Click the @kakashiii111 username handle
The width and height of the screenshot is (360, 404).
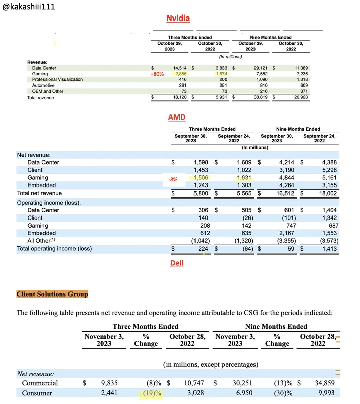click(29, 6)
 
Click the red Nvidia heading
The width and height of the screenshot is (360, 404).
click(178, 18)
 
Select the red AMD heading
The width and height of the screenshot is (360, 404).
click(177, 117)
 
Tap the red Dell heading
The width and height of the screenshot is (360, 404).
click(177, 263)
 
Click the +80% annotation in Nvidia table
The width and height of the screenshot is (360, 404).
click(157, 74)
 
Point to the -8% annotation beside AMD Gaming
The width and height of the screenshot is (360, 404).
click(173, 180)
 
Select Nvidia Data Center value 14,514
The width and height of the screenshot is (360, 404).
click(180, 68)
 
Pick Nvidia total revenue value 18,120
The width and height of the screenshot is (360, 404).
click(180, 97)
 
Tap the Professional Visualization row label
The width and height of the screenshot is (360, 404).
click(57, 79)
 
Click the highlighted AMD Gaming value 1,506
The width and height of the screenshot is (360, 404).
click(201, 178)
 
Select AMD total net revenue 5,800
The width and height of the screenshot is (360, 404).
click(201, 193)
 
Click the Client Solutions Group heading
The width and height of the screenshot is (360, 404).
click(52, 294)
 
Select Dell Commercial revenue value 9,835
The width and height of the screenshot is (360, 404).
click(109, 383)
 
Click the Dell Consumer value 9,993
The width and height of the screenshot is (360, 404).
click(325, 393)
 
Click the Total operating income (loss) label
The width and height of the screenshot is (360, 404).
click(54, 249)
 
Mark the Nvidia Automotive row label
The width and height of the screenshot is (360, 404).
click(43, 85)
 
